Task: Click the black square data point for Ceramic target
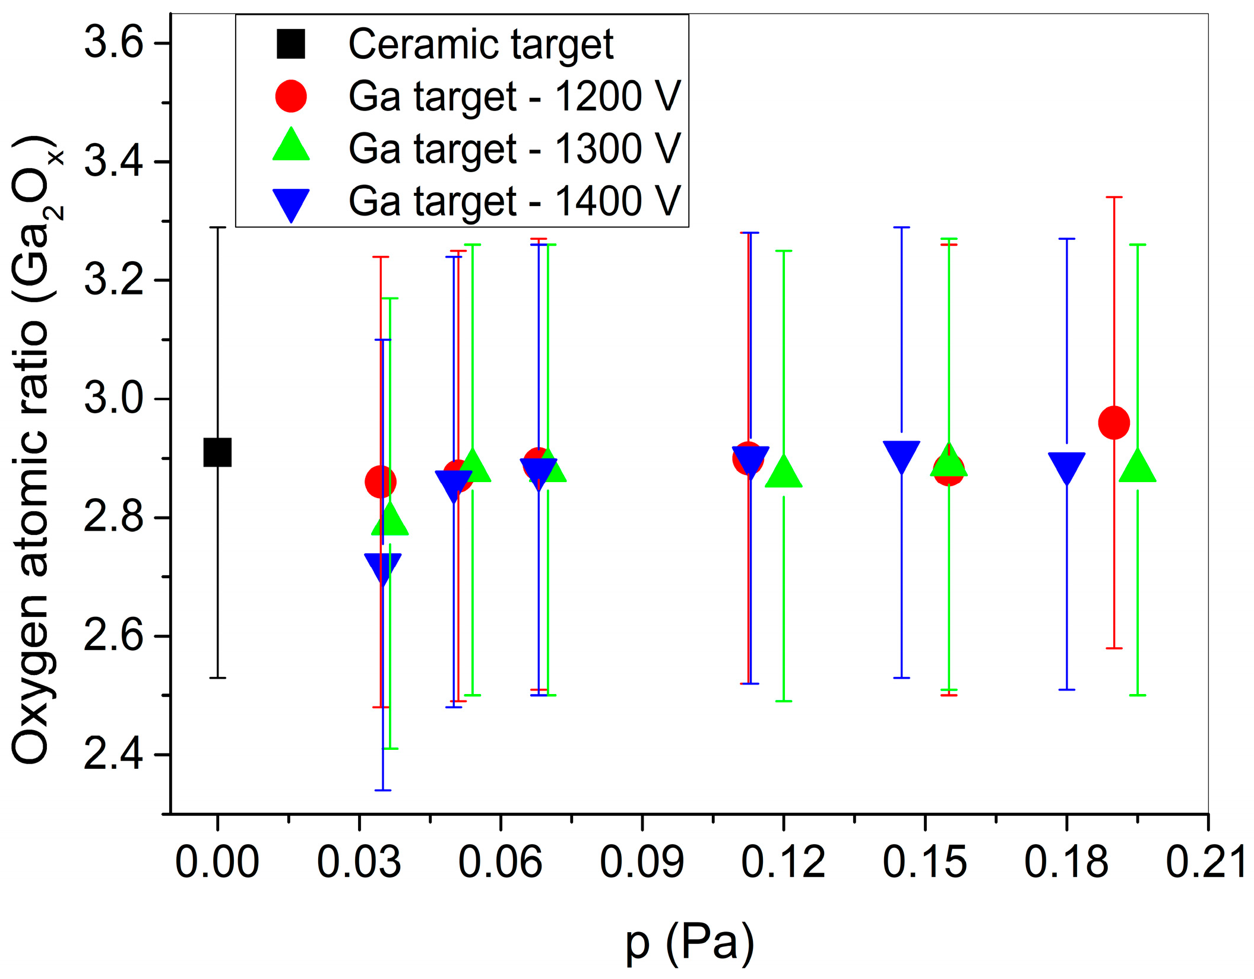point(217,453)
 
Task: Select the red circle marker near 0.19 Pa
point(1114,423)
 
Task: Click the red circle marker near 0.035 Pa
point(380,481)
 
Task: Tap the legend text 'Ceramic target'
point(481,45)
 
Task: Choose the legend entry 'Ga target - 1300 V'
point(514,148)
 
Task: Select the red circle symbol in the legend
point(291,96)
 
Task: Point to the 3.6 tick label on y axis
point(113,43)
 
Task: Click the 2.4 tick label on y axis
point(113,755)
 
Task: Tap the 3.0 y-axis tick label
point(113,398)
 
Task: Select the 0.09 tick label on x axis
point(642,862)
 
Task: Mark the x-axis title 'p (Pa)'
point(689,943)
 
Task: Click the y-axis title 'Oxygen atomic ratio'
point(31,451)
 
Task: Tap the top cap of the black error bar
point(217,227)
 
